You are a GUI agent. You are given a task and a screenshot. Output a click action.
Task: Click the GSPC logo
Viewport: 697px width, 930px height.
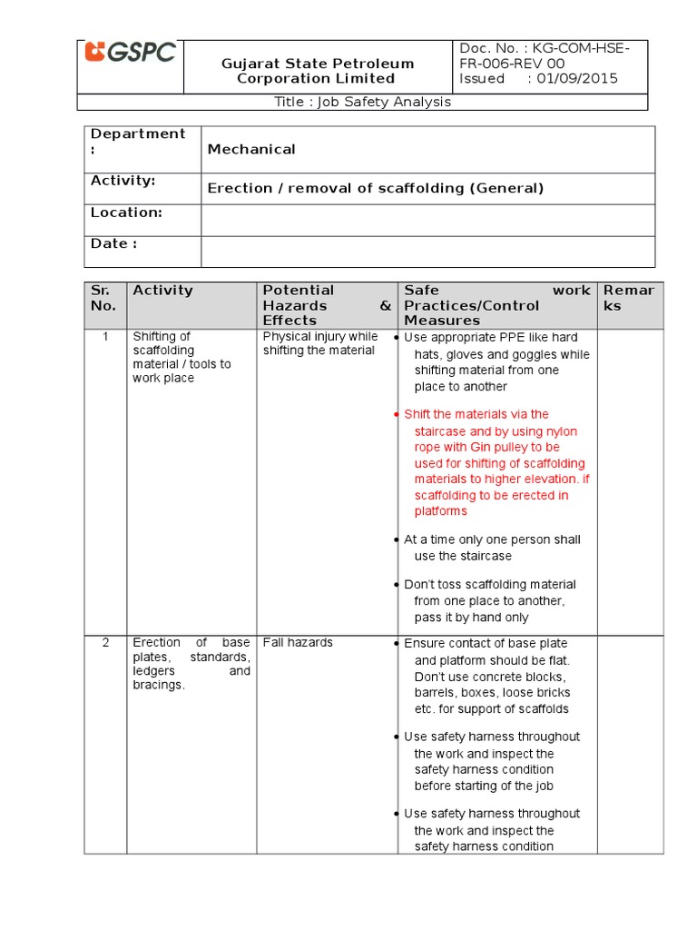click(x=130, y=54)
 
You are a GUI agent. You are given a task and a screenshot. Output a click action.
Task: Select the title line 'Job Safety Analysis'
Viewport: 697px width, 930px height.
click(x=362, y=102)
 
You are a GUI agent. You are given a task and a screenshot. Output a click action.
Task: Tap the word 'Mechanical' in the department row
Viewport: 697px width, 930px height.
click(x=251, y=149)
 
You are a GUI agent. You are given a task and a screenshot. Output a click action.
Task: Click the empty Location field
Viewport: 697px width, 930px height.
click(x=427, y=220)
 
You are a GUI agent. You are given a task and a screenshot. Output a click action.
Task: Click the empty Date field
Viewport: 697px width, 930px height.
click(x=427, y=251)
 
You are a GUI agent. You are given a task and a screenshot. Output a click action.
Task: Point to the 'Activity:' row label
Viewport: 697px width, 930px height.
click(x=123, y=181)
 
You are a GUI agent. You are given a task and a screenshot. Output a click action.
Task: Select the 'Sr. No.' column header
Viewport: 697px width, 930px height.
click(x=104, y=298)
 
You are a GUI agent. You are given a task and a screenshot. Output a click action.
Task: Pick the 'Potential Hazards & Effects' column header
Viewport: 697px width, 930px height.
click(x=326, y=305)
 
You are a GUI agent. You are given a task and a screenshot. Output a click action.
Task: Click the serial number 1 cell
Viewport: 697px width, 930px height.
click(x=105, y=336)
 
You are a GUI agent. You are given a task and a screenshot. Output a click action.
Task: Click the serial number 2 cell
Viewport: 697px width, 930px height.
click(x=105, y=642)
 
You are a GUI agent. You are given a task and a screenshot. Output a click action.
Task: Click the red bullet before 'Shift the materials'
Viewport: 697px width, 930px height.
click(x=397, y=415)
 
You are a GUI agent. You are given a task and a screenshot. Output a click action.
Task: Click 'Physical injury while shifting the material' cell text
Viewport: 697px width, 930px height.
click(x=319, y=343)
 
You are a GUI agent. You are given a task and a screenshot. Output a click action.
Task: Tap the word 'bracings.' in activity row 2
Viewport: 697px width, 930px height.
click(x=159, y=685)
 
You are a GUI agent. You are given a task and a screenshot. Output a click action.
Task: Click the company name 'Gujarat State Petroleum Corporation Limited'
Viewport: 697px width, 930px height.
click(x=318, y=71)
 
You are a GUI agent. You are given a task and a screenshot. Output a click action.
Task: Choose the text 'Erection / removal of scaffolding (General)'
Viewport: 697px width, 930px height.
click(x=376, y=188)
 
